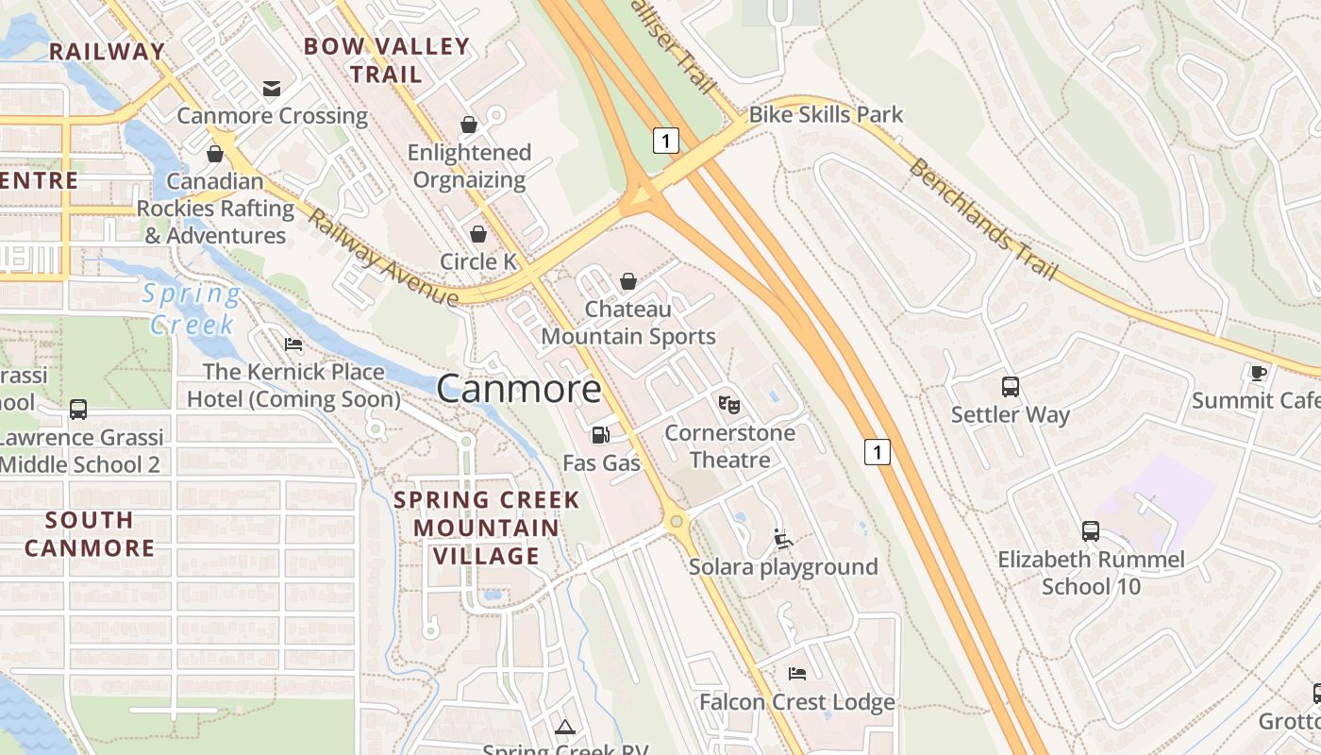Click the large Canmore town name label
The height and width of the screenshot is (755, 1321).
[x=519, y=388]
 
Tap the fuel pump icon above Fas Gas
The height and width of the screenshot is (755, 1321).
[x=600, y=435]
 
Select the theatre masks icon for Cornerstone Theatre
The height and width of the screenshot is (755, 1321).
[x=728, y=405]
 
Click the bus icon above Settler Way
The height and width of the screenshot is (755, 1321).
[x=1010, y=386]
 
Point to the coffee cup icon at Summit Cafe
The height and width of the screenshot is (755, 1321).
[x=1258, y=373]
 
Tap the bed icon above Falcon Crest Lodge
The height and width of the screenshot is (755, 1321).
[x=796, y=674]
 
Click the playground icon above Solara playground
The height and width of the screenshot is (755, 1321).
[x=783, y=539]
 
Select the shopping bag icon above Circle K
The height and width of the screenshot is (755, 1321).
[x=478, y=234]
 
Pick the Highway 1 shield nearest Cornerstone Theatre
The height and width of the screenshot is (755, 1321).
[x=878, y=452]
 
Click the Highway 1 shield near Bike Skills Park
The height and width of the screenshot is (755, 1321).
[x=666, y=141]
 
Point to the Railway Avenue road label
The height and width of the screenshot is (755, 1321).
[x=382, y=258]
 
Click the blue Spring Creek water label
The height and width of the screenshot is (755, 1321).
[x=192, y=309]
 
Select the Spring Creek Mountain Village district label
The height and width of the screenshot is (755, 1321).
[x=487, y=528]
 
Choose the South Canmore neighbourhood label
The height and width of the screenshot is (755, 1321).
[x=90, y=533]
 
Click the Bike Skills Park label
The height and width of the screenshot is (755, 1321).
[x=826, y=115]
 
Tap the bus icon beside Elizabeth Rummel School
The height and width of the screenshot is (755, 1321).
[x=1090, y=531]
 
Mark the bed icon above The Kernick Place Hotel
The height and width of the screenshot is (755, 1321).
[x=293, y=344]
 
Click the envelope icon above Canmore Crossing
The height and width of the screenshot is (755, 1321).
[x=272, y=89]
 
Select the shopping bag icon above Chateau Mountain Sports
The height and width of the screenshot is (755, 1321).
[x=627, y=281]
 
